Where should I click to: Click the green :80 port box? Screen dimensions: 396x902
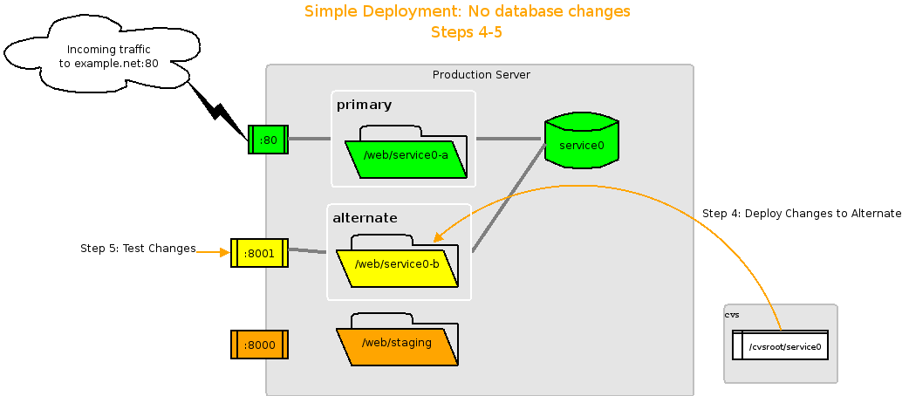click(268, 140)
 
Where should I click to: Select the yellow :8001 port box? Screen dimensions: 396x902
click(259, 253)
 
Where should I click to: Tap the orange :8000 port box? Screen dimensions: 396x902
click(259, 345)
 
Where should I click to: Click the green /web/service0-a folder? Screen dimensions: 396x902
click(406, 157)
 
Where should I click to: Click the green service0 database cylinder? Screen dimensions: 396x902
click(581, 141)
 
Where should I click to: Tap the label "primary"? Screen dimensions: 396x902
click(364, 105)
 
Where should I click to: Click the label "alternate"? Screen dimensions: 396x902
click(365, 217)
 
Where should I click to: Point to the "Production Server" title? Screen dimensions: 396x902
click(481, 75)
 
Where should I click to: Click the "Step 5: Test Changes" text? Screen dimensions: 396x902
click(138, 249)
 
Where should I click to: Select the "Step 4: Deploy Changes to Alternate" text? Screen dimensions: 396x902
click(801, 214)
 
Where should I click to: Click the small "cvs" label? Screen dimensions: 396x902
click(732, 314)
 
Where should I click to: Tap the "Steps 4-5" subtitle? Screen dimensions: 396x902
click(466, 32)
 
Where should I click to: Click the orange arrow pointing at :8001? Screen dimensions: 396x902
click(213, 252)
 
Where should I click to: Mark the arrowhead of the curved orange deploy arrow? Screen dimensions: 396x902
click(439, 236)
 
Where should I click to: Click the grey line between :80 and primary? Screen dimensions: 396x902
click(310, 139)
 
